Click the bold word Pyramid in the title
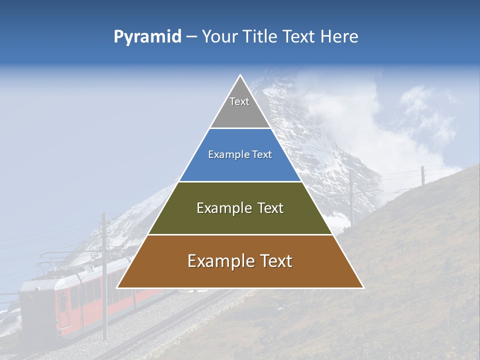pos(147,37)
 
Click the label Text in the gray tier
pos(239,101)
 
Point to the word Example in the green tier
pos(219,208)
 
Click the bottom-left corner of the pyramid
pos(117,287)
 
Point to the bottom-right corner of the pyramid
pos(363,287)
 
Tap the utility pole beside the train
pos(104,275)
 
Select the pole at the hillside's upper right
pos(423,175)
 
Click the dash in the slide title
pos(191,37)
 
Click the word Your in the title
pos(218,37)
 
